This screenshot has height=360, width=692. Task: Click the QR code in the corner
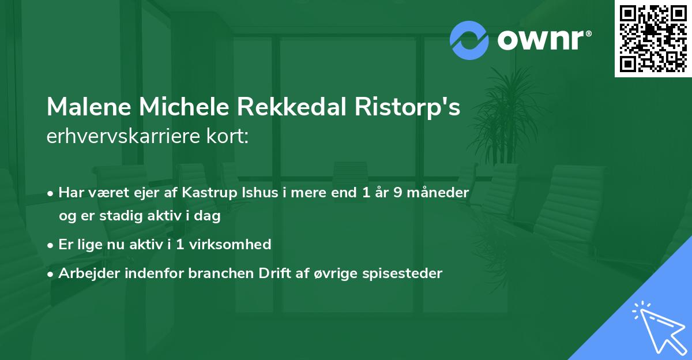653,38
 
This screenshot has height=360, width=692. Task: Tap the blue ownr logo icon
468,40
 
